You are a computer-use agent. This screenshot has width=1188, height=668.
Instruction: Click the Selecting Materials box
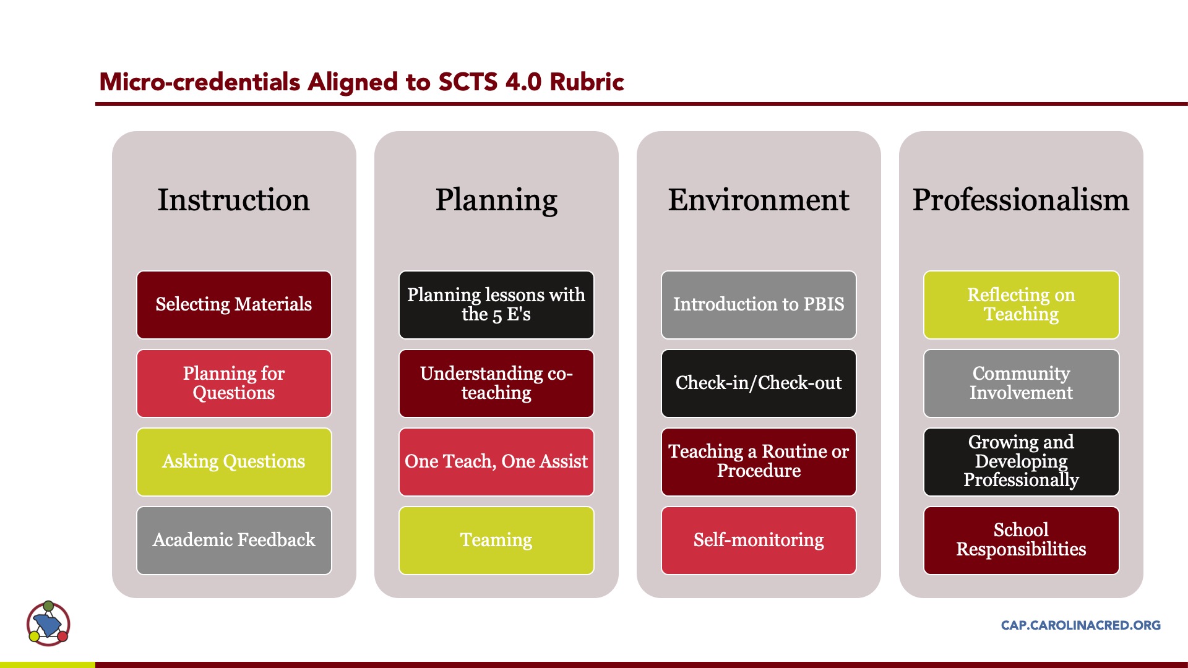tap(234, 304)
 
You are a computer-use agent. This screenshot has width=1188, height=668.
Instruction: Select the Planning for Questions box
tap(234, 383)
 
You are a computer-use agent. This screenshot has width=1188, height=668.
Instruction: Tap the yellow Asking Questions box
tap(234, 461)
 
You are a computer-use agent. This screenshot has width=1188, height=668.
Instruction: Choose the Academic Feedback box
tap(234, 540)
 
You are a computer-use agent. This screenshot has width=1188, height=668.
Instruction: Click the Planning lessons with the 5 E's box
tap(496, 304)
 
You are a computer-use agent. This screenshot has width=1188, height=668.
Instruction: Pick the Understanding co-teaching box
tap(496, 383)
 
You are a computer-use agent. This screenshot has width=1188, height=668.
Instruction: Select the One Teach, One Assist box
tap(496, 461)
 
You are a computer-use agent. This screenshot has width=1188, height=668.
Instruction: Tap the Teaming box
tap(496, 540)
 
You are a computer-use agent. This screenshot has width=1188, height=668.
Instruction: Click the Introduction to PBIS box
tap(759, 304)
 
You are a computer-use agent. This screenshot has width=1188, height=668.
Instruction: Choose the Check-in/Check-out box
tap(759, 383)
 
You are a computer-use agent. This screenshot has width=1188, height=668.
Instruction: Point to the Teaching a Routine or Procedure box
tap(759, 461)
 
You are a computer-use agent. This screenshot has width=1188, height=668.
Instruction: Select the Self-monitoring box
tap(759, 540)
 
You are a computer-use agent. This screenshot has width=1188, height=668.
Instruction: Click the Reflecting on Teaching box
tap(1021, 304)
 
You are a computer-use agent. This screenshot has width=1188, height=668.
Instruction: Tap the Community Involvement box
tap(1021, 383)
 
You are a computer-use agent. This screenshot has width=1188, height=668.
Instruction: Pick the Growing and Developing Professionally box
tap(1021, 461)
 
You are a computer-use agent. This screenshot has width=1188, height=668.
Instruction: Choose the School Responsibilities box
tap(1021, 540)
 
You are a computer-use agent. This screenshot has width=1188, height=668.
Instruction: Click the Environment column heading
tap(759, 200)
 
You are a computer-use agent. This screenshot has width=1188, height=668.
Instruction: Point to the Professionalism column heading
tap(1021, 200)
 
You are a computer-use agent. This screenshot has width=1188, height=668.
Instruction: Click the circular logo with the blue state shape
tap(48, 623)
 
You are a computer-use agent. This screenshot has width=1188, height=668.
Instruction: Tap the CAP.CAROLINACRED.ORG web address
tap(1080, 625)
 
